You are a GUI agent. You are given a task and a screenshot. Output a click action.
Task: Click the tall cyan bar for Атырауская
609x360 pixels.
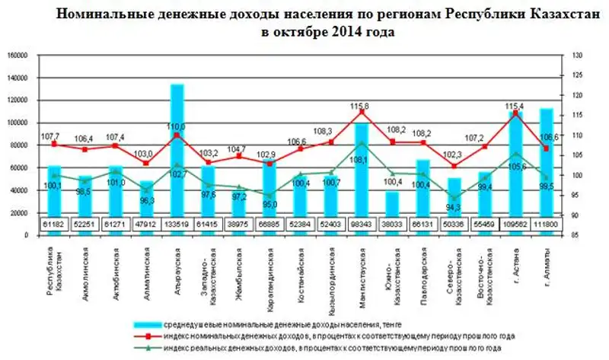point(177,152)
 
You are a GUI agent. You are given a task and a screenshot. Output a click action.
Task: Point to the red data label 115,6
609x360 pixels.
point(361,105)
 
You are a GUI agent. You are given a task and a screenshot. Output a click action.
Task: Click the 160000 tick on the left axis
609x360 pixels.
point(17,56)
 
